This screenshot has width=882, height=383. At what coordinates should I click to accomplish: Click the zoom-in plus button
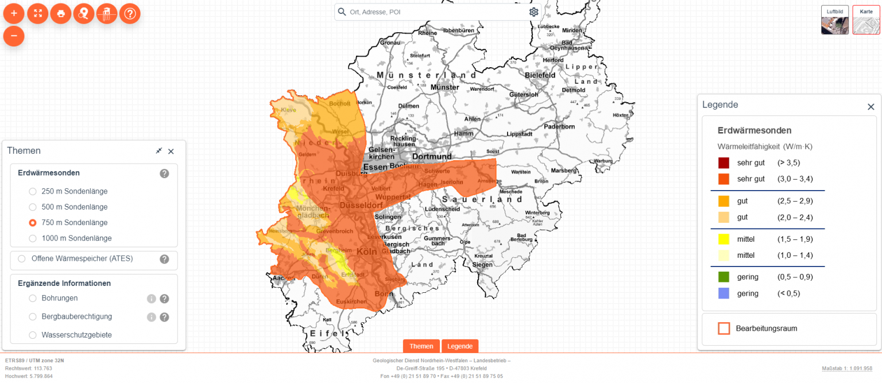click(x=14, y=13)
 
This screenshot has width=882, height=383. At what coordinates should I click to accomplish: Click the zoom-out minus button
click(x=14, y=36)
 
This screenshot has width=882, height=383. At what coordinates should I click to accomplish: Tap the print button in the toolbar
click(x=60, y=13)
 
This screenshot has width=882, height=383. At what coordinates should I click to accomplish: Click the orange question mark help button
click(x=130, y=13)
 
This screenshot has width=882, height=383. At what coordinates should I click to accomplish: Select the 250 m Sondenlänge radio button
click(x=33, y=191)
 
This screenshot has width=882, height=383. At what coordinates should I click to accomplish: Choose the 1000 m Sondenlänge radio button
click(x=33, y=238)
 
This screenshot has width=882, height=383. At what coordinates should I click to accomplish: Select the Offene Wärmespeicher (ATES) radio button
click(x=22, y=259)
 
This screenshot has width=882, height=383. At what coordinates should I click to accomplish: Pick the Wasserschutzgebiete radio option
click(x=33, y=335)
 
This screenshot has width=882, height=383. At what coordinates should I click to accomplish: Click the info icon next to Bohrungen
click(x=152, y=299)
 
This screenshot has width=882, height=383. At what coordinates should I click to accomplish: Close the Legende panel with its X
click(x=871, y=107)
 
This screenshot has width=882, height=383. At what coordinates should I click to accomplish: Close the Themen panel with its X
click(x=171, y=152)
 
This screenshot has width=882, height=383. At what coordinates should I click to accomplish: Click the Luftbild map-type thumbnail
click(x=834, y=20)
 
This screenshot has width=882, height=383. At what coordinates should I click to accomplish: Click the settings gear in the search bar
click(x=533, y=12)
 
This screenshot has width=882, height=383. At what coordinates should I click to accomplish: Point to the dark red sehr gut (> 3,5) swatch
click(x=724, y=163)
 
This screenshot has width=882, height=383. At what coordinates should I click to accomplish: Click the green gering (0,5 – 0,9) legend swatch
click(x=724, y=277)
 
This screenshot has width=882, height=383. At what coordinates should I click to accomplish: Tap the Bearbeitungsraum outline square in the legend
click(x=724, y=328)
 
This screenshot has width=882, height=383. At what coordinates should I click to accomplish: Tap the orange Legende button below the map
click(x=459, y=346)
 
